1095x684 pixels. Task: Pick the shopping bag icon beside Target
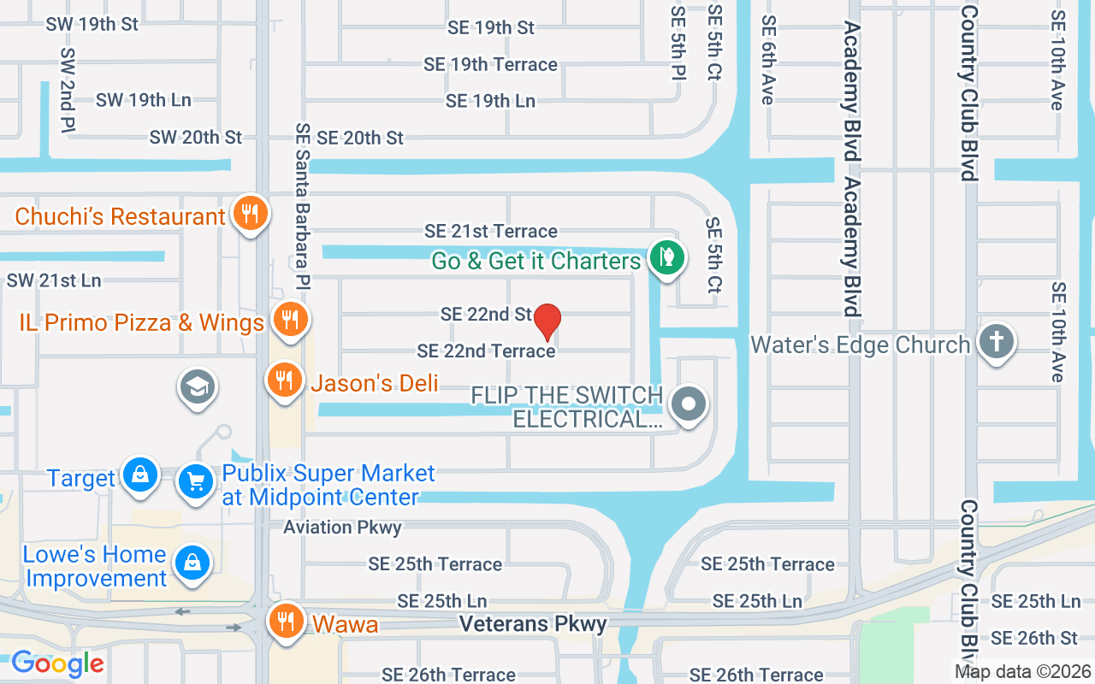(x=139, y=475)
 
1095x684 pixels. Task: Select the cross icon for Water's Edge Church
(x=995, y=342)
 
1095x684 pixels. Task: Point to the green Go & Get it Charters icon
(x=666, y=257)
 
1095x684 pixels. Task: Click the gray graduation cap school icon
(x=197, y=387)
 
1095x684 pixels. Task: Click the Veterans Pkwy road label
(x=533, y=624)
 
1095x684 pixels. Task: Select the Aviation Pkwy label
(x=342, y=527)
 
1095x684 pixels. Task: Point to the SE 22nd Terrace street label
(x=486, y=351)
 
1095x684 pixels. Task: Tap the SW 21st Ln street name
(x=54, y=280)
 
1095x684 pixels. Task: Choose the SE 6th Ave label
(x=768, y=60)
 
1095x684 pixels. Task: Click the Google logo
(x=57, y=663)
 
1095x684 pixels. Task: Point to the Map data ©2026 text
(x=1023, y=671)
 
